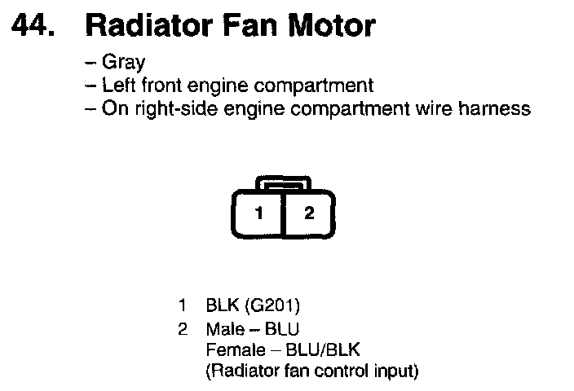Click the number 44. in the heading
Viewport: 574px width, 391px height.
[x=35, y=27]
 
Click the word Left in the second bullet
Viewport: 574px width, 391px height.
[x=117, y=86]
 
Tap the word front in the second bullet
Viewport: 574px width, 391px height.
[x=157, y=86]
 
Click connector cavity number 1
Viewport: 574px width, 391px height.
[x=258, y=214]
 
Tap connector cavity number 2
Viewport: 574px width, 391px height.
[x=308, y=214]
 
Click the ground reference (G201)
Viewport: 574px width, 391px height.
[x=272, y=306]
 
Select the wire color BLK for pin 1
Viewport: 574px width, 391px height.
[x=223, y=306]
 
